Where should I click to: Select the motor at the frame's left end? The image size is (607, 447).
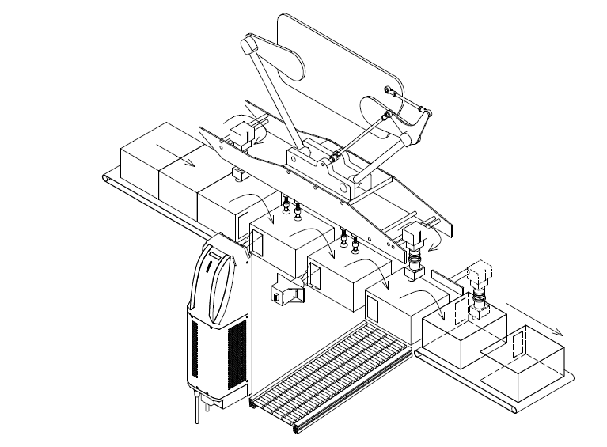coord(241,132)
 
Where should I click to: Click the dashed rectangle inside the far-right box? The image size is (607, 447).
coord(518,345)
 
